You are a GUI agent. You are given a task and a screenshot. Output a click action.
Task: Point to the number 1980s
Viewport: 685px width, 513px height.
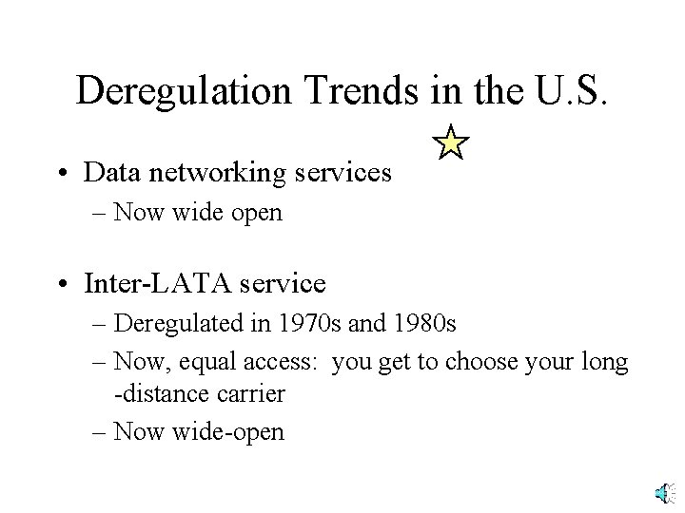point(425,324)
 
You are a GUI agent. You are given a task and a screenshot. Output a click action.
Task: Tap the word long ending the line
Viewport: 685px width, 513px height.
point(607,361)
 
